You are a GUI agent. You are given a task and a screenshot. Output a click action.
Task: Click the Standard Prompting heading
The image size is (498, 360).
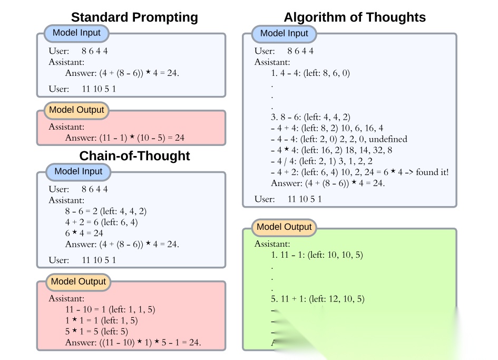point(134,17)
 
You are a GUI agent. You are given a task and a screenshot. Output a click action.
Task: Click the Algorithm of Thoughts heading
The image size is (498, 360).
point(355,17)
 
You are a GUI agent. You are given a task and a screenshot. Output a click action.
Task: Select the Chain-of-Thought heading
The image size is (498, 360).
point(134,156)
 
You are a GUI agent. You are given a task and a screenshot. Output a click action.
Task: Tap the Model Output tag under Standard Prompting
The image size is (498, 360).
point(77,111)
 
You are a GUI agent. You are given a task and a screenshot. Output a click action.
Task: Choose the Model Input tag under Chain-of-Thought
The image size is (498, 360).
point(79,171)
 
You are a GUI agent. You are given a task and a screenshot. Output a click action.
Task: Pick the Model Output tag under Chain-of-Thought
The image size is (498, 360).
point(79,281)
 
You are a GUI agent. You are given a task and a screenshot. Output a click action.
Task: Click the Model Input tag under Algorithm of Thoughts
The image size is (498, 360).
point(284,33)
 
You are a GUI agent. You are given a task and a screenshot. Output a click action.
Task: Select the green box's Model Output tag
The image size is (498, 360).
point(284,227)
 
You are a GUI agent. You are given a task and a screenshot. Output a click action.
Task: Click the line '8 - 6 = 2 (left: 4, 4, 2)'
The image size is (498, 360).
point(106,211)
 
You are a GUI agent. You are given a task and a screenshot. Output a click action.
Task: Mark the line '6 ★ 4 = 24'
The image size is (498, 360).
point(84,233)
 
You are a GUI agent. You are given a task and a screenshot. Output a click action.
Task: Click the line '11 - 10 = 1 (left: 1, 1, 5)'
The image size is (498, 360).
point(110,309)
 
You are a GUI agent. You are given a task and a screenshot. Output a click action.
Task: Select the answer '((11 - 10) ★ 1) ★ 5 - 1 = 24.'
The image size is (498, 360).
point(133,343)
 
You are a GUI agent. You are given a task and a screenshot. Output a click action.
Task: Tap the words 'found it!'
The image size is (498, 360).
point(432,172)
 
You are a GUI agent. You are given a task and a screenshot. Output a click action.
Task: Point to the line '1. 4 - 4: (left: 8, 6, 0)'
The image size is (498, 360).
point(310,73)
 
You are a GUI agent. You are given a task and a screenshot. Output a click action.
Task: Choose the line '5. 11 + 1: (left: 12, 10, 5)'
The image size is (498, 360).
point(317,299)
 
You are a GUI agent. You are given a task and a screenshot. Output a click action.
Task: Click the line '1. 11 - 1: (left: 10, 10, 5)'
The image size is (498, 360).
point(317,255)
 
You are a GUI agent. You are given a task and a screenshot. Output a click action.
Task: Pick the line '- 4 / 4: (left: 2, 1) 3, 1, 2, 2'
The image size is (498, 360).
point(321,161)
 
